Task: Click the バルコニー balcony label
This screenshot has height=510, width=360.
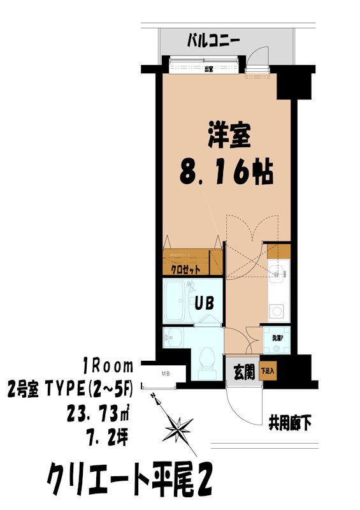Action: (x=213, y=41)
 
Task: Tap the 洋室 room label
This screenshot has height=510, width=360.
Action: (x=229, y=135)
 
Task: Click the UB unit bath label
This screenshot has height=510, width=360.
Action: (x=203, y=303)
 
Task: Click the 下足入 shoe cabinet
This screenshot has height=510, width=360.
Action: (x=268, y=370)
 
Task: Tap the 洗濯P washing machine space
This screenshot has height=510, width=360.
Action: (x=278, y=339)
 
